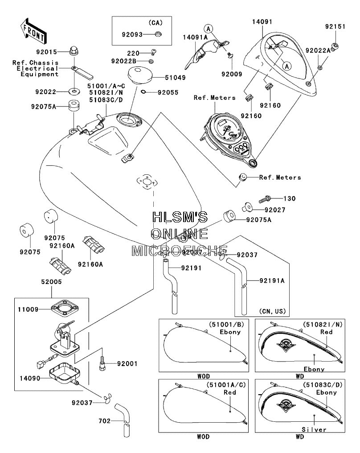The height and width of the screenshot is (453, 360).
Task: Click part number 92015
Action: click(x=46, y=52)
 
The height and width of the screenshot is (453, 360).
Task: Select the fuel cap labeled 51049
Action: click(x=140, y=74)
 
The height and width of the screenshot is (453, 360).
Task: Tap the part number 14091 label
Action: click(x=262, y=22)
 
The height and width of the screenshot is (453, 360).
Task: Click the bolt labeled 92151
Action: click(x=335, y=46)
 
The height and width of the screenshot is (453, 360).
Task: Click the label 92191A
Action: click(x=272, y=280)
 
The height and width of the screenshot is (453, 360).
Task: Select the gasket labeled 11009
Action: click(x=65, y=308)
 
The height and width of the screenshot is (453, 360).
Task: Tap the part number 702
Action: click(x=105, y=421)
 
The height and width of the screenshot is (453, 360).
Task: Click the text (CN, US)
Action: click(x=272, y=311)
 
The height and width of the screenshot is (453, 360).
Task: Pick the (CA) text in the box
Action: click(x=155, y=23)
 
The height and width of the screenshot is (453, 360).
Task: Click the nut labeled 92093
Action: click(x=158, y=34)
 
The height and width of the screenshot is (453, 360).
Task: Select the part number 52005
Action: click(x=51, y=282)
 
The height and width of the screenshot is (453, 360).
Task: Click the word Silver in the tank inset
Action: click(x=314, y=430)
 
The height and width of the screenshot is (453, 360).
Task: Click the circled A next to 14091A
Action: click(x=208, y=29)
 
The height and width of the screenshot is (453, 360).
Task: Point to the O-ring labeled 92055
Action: click(x=143, y=92)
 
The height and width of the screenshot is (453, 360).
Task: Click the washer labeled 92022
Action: click(x=74, y=92)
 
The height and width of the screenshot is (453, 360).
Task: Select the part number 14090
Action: click(x=30, y=378)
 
